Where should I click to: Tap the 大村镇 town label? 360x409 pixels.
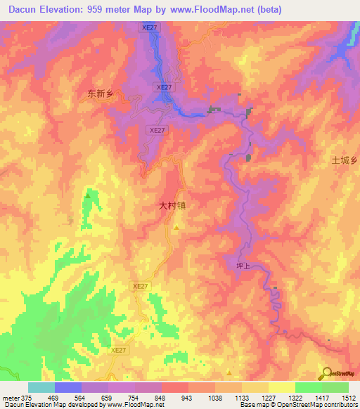point(172,207)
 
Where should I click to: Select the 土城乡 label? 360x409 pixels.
point(345,160)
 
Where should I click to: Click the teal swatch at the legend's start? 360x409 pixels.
point(41,387)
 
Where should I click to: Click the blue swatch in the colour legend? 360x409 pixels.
point(68,387)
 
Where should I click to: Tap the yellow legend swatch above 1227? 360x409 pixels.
point(255,387)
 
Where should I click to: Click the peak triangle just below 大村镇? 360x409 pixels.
point(176,227)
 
